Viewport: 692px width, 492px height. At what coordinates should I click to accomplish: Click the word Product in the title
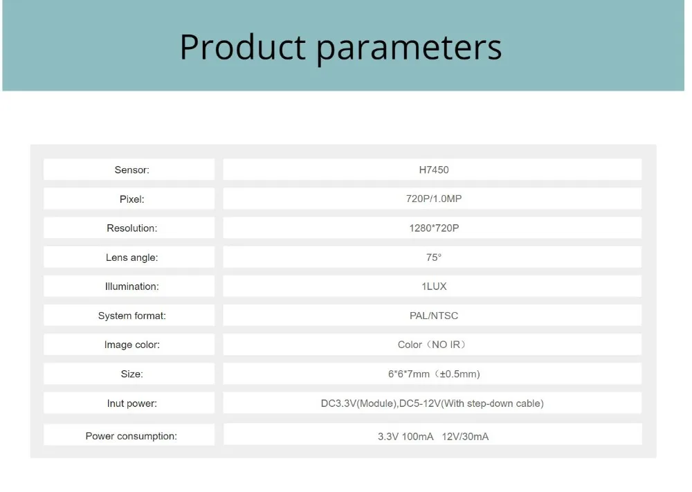243,47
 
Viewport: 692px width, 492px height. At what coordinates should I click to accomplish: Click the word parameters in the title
409,49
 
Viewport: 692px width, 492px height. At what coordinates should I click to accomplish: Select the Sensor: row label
132,170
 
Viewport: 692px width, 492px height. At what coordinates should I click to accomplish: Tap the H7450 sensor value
434,170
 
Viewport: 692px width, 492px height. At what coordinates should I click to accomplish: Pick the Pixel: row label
132,199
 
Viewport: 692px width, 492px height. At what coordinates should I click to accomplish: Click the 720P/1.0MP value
434,199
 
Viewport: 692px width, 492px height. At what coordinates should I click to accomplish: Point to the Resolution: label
132,228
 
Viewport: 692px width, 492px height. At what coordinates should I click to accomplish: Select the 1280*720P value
434,228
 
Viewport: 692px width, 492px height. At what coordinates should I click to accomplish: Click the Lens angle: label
132,257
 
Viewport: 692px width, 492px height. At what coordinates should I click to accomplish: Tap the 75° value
434,257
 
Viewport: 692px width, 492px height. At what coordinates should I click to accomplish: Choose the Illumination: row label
132,286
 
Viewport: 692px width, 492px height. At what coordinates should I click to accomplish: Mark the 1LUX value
434,286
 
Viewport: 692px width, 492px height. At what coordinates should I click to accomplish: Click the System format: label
132,316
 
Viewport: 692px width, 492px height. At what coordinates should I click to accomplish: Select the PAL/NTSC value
434,316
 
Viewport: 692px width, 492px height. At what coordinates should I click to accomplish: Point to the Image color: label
132,345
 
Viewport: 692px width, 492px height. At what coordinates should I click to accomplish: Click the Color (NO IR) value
432,345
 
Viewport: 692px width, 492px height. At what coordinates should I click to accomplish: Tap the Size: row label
132,374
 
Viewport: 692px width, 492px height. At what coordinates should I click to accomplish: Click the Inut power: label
132,403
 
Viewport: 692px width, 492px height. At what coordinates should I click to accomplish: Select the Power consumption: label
131,437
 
